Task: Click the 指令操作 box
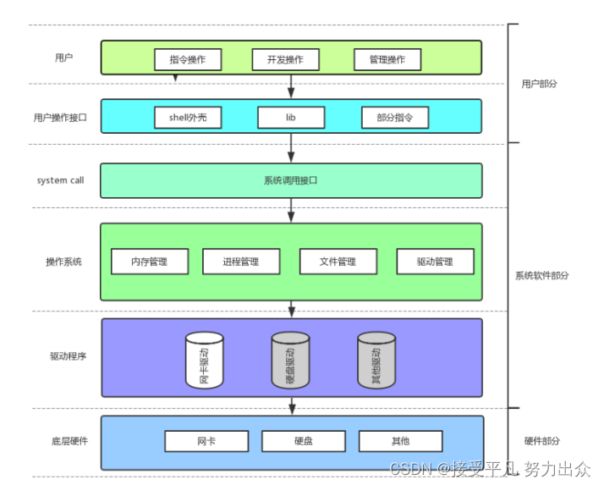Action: (x=188, y=59)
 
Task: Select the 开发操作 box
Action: (x=285, y=59)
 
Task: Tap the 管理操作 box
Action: (x=387, y=59)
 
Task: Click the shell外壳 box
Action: (x=188, y=118)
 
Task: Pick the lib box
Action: (x=291, y=118)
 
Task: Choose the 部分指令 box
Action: (x=395, y=118)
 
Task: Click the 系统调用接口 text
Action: (x=290, y=180)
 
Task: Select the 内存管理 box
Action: (x=150, y=262)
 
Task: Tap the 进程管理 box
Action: (x=241, y=262)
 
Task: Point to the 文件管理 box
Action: (x=338, y=262)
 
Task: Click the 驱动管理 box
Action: (x=436, y=262)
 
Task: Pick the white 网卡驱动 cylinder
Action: (x=205, y=361)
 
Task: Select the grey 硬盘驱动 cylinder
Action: (x=290, y=361)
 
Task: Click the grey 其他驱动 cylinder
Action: (x=376, y=361)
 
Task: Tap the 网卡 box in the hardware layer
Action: (x=206, y=441)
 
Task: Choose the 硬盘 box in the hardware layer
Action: (x=304, y=441)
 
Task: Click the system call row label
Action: (x=60, y=180)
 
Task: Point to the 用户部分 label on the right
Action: (x=540, y=84)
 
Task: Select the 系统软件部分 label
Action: (x=541, y=275)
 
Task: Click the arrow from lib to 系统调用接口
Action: (x=291, y=148)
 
